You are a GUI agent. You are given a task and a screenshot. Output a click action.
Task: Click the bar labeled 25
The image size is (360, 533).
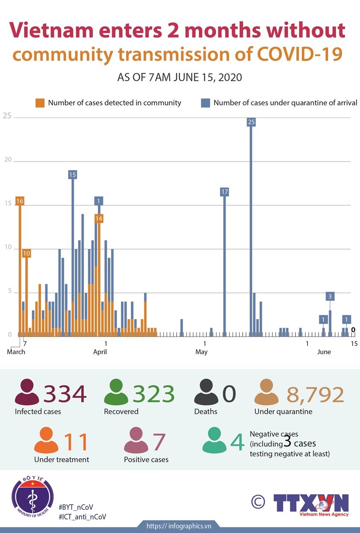coord(251,227)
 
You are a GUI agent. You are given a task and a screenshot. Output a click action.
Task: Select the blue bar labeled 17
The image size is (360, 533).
coord(225,262)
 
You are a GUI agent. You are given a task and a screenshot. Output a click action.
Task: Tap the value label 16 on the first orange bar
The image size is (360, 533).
coord(20,201)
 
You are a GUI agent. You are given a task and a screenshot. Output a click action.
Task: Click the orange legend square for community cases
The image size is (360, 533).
coord(40,103)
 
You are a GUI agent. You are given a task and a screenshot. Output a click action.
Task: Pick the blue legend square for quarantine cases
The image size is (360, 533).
coord(205,103)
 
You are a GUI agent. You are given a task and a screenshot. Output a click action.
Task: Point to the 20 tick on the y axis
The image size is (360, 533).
coord(7,160)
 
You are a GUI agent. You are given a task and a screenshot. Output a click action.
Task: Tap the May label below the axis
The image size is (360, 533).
coord(201,352)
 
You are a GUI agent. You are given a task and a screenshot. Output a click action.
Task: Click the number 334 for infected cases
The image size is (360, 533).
coord(65,394)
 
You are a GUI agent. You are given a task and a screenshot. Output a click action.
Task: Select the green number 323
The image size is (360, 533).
coord(154,394)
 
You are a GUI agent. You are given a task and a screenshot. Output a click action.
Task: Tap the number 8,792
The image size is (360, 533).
coord(315,394)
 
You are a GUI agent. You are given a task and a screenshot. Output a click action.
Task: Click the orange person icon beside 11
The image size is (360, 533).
coord(46,441)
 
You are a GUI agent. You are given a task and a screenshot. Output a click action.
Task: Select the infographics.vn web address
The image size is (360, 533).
coord(179,526)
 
